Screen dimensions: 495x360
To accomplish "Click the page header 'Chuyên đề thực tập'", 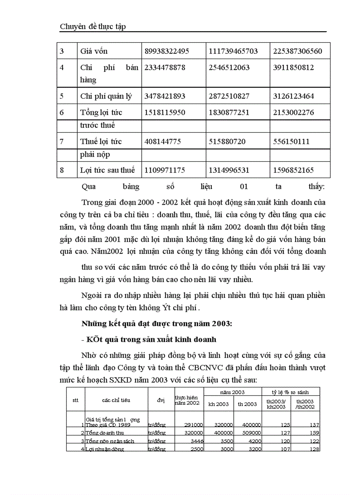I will click(x=93, y=26).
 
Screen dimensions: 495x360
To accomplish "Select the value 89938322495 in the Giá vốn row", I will click(x=167, y=51).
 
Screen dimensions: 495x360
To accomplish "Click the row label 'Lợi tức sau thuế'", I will click(x=107, y=170).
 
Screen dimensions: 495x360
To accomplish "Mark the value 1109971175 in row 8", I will click(x=165, y=170).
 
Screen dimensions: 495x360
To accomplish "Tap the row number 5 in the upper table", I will click(x=62, y=96).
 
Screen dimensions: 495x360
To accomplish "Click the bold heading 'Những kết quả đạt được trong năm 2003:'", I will click(x=157, y=324).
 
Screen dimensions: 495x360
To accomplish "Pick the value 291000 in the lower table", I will click(x=193, y=425).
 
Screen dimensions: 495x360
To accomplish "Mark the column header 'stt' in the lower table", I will click(x=75, y=400).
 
